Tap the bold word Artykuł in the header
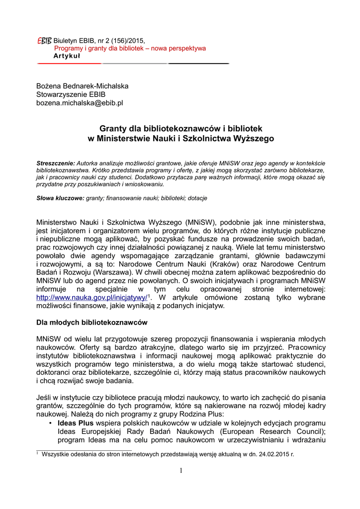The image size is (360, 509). [x=67, y=56]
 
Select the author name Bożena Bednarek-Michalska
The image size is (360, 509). [x=82, y=86]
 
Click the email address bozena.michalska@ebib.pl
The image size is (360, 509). [x=80, y=103]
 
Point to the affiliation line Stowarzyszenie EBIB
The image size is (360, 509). [x=71, y=94]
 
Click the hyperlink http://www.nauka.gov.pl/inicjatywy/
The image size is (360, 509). [x=92, y=297]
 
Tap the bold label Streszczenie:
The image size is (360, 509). [x=56, y=163]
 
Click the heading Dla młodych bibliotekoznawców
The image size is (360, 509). [x=91, y=323]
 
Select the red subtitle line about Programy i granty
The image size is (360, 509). [x=130, y=48]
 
